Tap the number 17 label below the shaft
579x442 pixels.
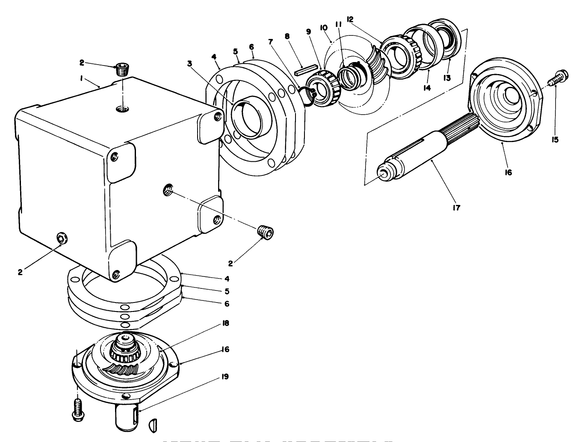(x=456, y=208)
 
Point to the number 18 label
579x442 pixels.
(x=225, y=323)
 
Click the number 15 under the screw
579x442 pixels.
(x=555, y=139)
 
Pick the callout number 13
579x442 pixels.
(x=448, y=78)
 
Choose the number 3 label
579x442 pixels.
(x=189, y=63)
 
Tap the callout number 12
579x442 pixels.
(x=350, y=19)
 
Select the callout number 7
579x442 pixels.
(x=270, y=42)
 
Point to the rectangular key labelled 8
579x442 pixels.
(x=305, y=70)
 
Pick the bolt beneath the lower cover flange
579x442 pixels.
(x=77, y=409)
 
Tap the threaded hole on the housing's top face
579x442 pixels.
(x=122, y=110)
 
